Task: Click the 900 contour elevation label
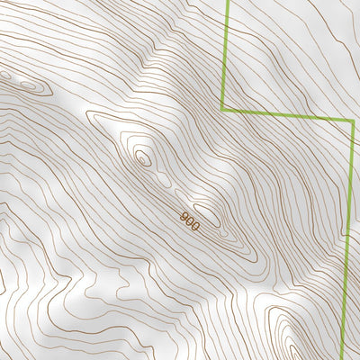tap(190, 221)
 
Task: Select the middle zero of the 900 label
tap(190, 221)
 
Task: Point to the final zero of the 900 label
tap(195, 226)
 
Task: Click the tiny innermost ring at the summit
tap(141, 159)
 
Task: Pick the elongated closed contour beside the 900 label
tap(208, 214)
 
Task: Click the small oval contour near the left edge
tap(27, 86)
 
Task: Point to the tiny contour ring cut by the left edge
tap(4, 76)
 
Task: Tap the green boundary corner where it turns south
tap(353, 121)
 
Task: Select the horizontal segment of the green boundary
tap(288, 115)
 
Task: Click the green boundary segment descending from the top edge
tap(223, 54)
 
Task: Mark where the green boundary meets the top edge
tap(226, 1)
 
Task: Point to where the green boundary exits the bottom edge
tap(344, 358)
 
